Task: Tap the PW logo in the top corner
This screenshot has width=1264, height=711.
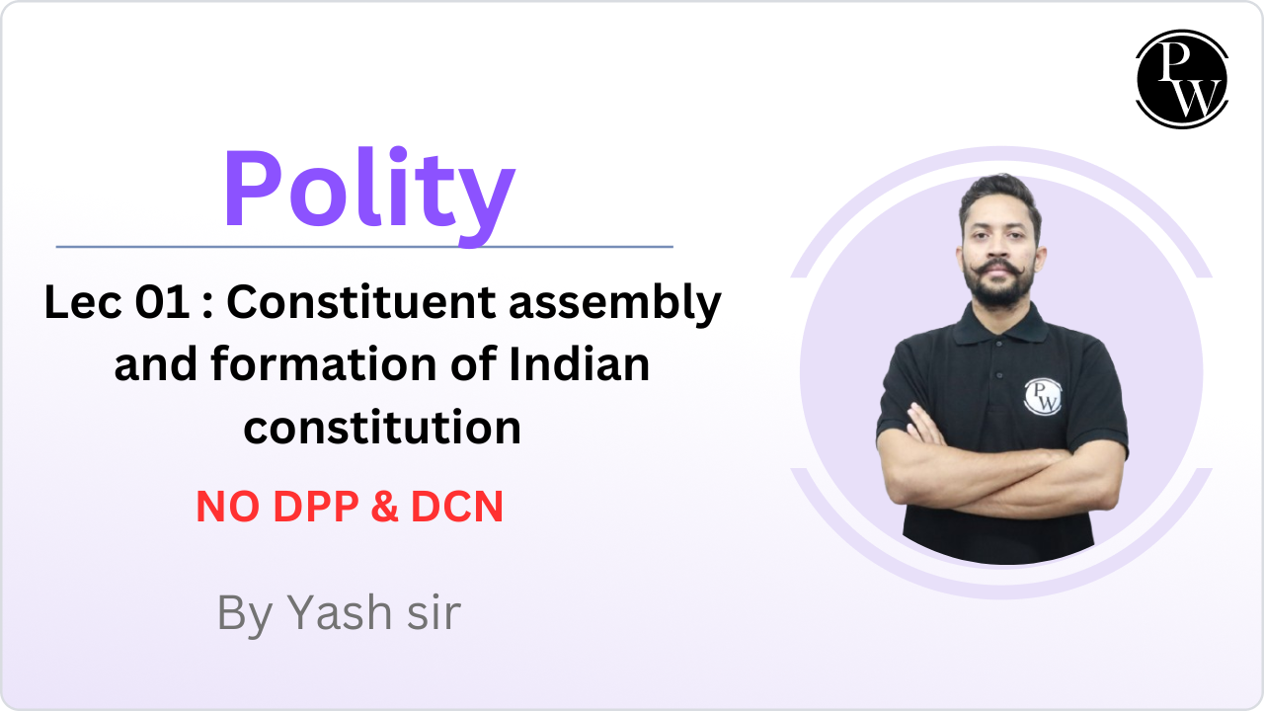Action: pos(1182,79)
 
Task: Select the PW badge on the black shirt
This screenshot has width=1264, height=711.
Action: pos(1042,397)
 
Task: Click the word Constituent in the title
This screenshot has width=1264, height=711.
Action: pos(361,302)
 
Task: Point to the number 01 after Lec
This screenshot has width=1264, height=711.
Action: pos(162,302)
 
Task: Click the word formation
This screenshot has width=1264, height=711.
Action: pos(324,364)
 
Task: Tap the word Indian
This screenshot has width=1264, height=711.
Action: pos(579,364)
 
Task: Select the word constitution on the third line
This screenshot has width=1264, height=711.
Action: pos(382,429)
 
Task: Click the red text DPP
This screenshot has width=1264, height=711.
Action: pos(316,507)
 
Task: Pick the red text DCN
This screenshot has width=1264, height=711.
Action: pos(457,507)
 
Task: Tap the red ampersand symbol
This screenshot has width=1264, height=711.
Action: pos(385,507)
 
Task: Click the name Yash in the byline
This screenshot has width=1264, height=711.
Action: pos(340,613)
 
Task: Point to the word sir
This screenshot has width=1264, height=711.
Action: pos(434,613)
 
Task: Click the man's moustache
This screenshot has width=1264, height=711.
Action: pos(998,268)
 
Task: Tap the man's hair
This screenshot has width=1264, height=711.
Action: pos(999,195)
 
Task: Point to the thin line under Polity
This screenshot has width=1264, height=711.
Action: pos(364,247)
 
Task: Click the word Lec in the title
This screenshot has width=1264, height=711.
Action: pos(83,302)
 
